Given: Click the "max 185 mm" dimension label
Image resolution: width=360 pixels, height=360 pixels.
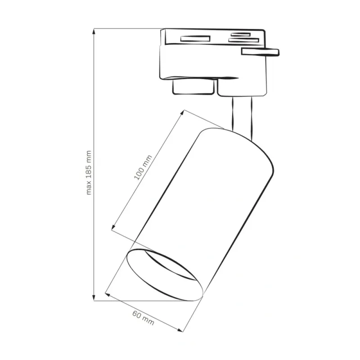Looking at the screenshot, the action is click(89, 173).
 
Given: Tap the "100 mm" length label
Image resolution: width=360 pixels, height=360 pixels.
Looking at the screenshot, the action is click(143, 167).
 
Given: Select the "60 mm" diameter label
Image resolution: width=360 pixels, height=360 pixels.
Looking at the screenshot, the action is click(143, 318).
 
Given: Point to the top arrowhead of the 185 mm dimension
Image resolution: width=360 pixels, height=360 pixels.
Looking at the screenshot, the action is click(94, 31).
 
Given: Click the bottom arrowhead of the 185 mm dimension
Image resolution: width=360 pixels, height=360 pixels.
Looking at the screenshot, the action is click(94, 298).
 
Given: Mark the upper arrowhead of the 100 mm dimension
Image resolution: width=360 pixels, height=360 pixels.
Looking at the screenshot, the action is click(182, 112).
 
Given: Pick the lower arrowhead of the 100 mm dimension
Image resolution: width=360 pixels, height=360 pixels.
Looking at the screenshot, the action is click(113, 227).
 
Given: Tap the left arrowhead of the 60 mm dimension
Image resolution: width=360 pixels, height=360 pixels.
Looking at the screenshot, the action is click(108, 294).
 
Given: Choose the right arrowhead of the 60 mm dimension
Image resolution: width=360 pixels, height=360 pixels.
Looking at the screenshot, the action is click(180, 330).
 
